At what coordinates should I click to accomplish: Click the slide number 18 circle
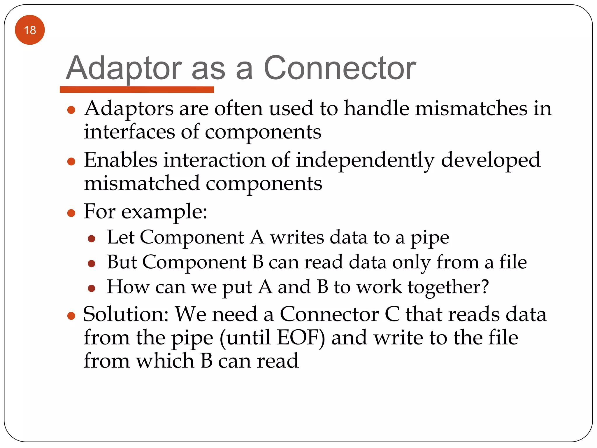pyautogui.click(x=30, y=30)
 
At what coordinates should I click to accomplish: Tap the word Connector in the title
pyautogui.click(x=340, y=69)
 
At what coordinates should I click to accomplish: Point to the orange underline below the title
pyautogui.click(x=137, y=90)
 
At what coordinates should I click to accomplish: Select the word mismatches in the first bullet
pyautogui.click(x=471, y=108)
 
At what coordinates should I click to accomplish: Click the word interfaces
pyautogui.click(x=129, y=132)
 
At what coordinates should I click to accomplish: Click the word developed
pyautogui.click(x=491, y=161)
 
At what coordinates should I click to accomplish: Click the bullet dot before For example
pyautogui.click(x=71, y=213)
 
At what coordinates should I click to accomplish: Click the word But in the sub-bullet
pyautogui.click(x=122, y=262)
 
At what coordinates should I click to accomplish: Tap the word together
pyautogui.click(x=444, y=287)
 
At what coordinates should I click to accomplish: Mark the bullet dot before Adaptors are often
pyautogui.click(x=71, y=110)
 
